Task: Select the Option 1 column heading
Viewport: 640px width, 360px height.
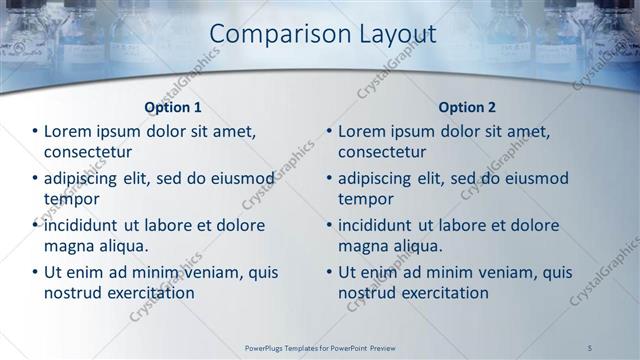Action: [173, 107]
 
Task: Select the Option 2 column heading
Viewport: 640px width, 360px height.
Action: [467, 107]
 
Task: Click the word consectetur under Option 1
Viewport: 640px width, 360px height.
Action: [88, 152]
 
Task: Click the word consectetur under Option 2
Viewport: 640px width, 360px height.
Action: [382, 152]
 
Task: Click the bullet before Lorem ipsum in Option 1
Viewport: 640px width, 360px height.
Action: [35, 131]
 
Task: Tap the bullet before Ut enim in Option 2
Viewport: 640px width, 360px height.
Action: [329, 272]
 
